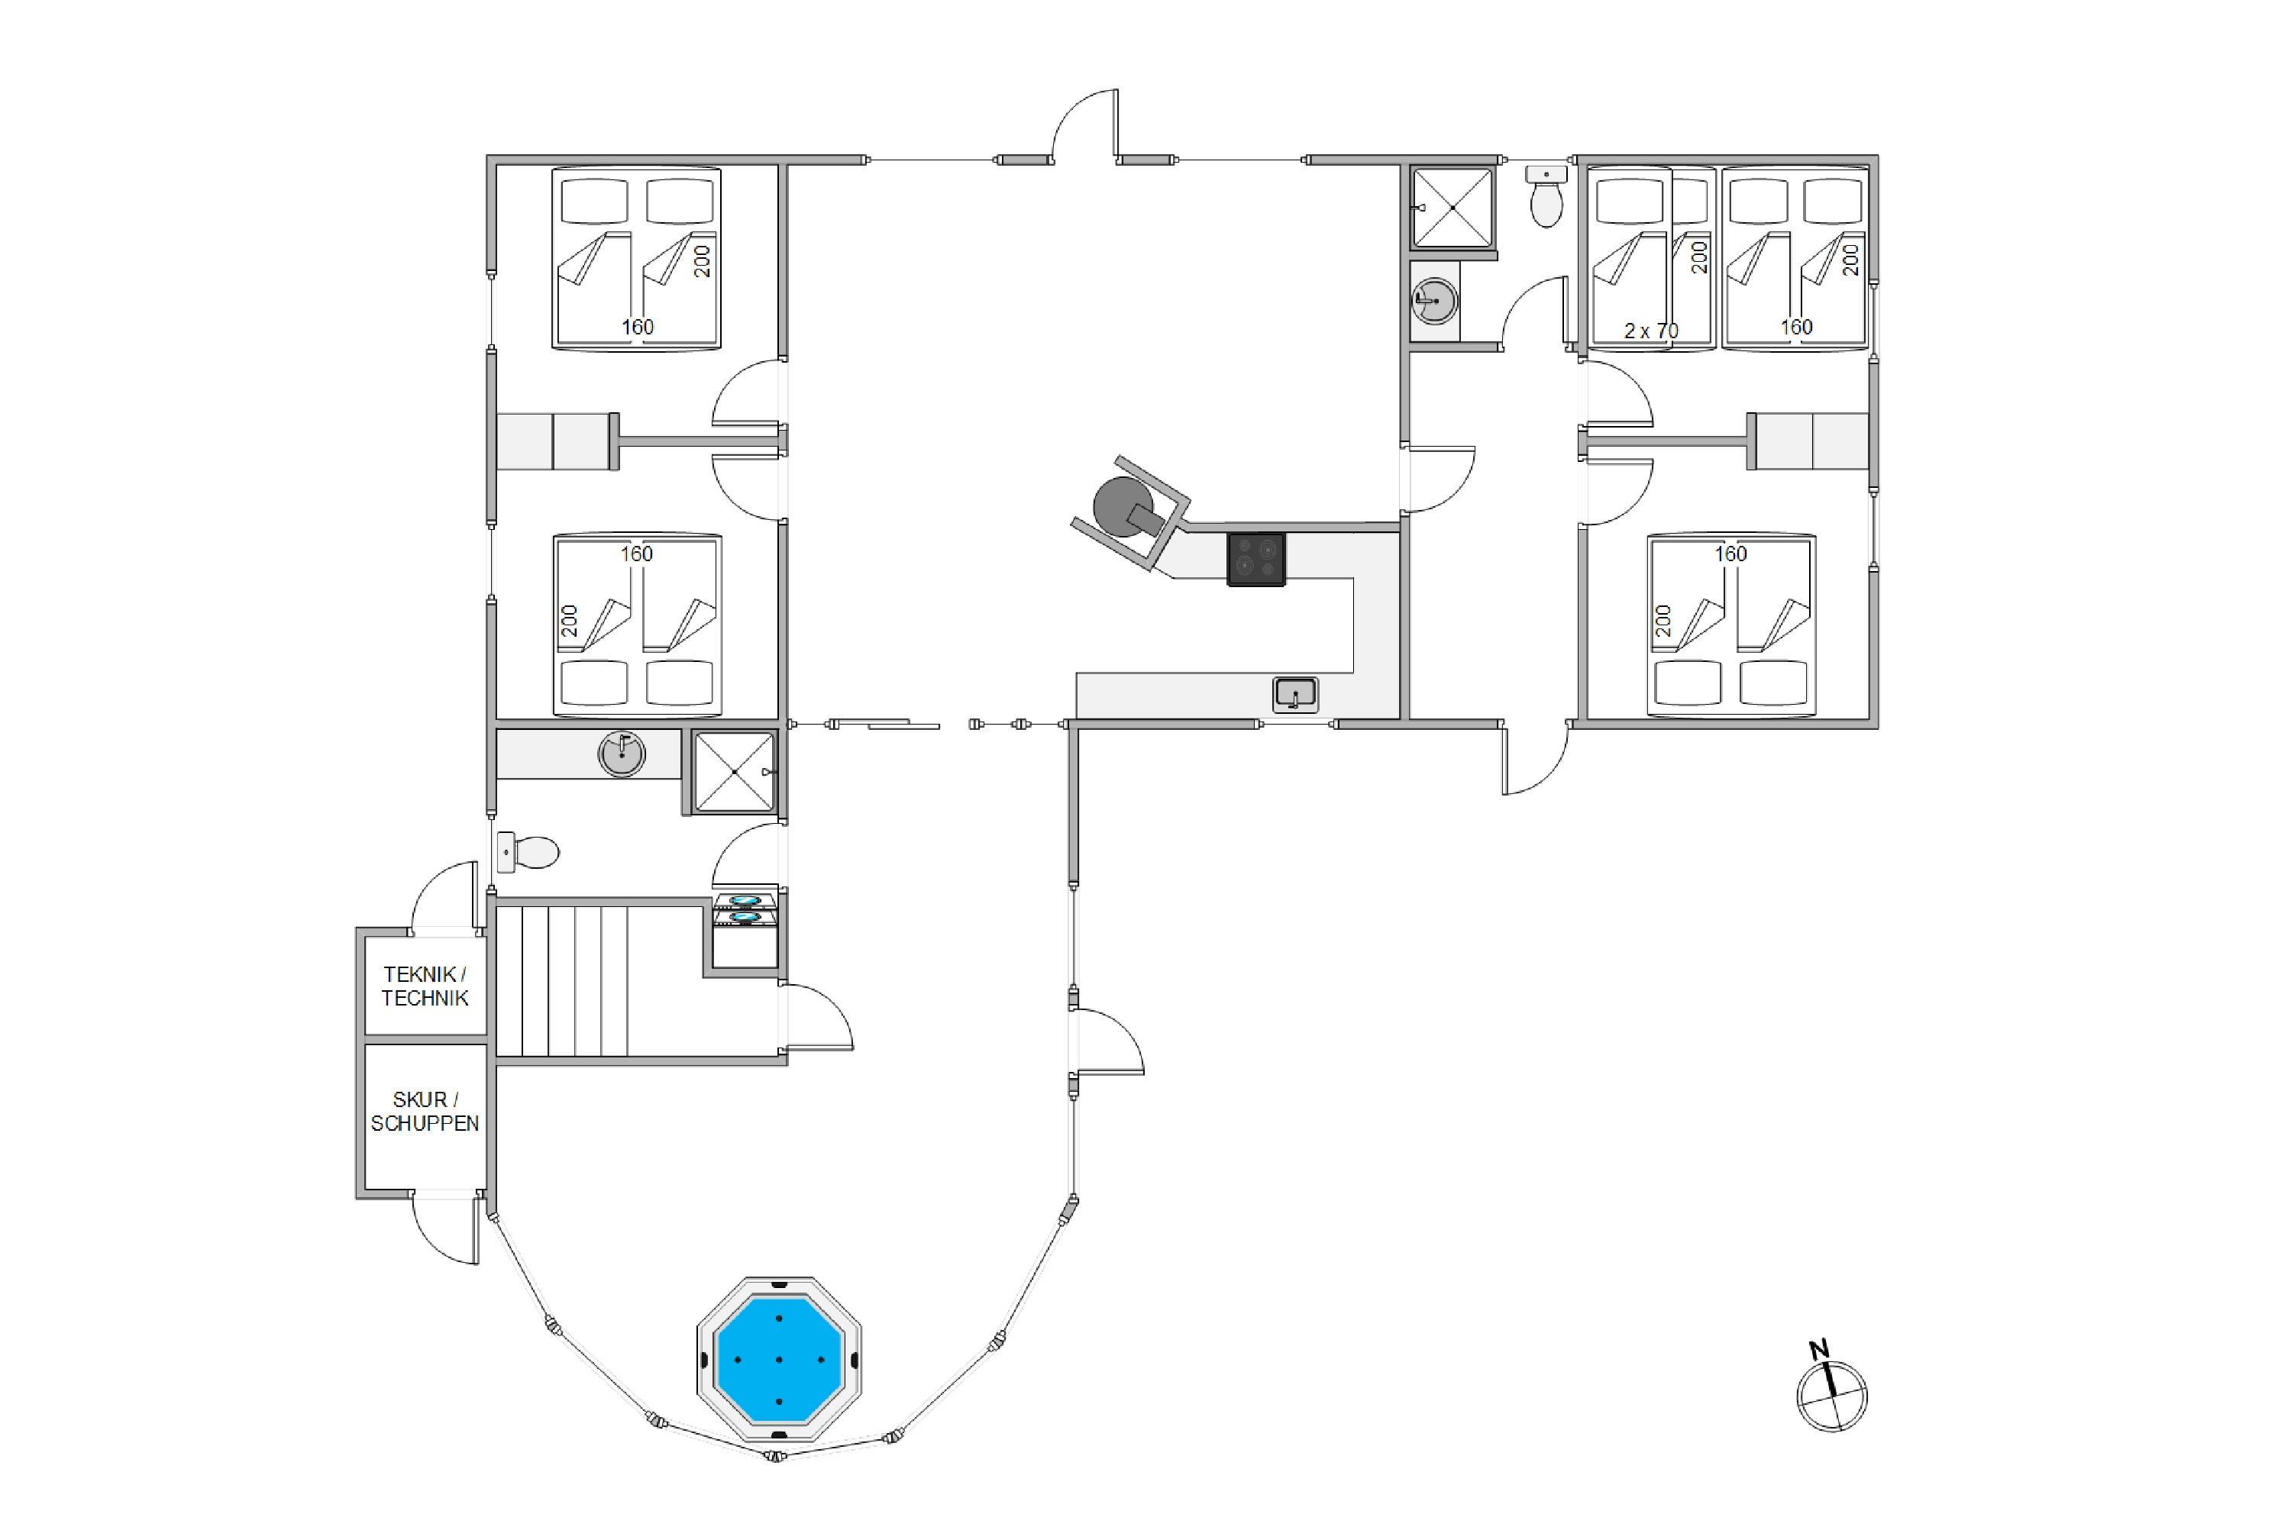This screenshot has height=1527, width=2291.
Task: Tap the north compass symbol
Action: tap(1831, 1390)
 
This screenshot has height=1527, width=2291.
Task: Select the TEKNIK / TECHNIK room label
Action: tap(425, 986)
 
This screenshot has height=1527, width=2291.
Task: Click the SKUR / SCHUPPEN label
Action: tap(425, 1111)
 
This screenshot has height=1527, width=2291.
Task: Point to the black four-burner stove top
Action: tap(1255, 559)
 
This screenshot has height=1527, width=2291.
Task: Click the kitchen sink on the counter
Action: tap(1295, 694)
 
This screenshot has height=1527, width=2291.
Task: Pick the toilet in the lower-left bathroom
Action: tap(527, 852)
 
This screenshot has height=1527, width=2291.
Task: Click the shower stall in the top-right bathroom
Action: tap(1452, 208)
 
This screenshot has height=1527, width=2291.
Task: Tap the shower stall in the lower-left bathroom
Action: tap(735, 771)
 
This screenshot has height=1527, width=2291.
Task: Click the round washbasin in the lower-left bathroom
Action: tap(622, 753)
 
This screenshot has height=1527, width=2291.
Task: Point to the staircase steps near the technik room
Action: tap(599, 980)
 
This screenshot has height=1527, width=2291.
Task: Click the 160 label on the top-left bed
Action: tap(638, 328)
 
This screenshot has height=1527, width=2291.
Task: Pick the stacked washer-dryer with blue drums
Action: tap(745, 930)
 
